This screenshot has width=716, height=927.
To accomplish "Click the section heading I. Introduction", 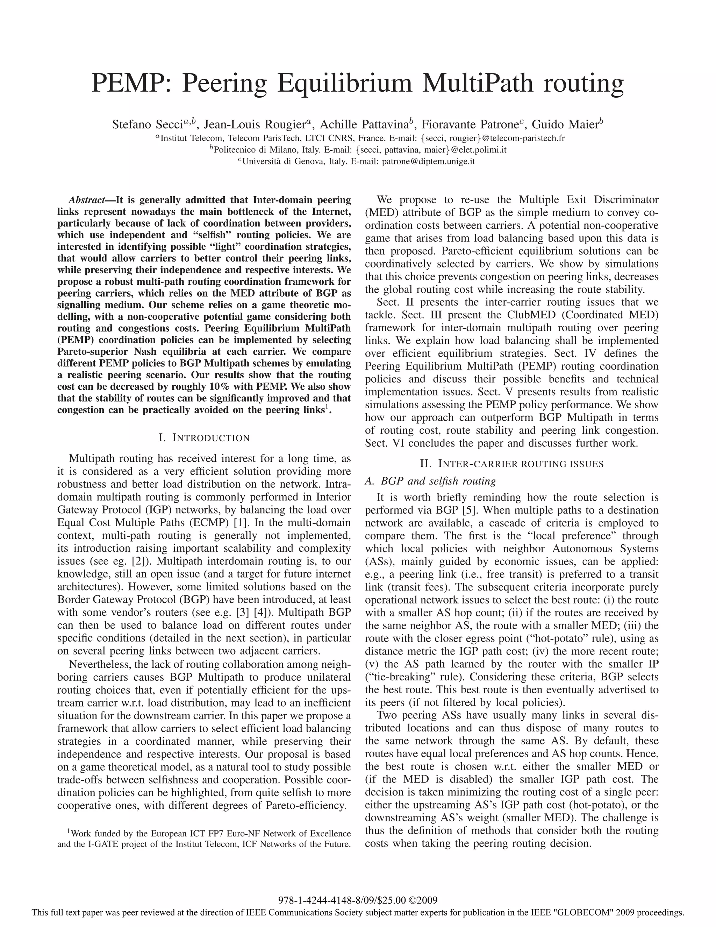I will click(x=204, y=438).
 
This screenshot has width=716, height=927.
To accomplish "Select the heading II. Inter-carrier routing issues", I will click(x=511, y=463).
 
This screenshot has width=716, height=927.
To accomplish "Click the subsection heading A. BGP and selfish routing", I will click(x=430, y=481).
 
